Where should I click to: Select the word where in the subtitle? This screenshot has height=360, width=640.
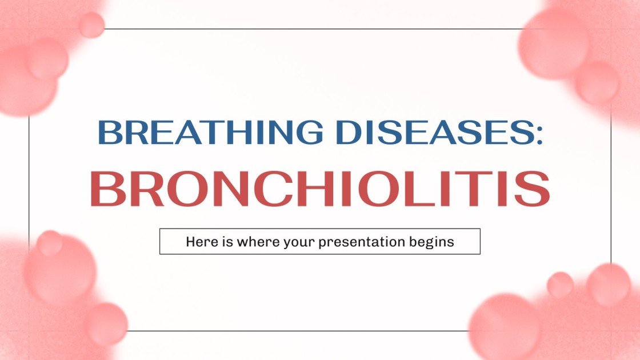tap(251, 242)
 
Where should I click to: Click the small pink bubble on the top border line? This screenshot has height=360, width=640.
tap(91, 25)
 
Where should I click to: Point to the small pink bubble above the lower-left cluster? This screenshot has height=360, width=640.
tap(50, 243)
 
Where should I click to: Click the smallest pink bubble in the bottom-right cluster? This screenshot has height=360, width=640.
tap(559, 284)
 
